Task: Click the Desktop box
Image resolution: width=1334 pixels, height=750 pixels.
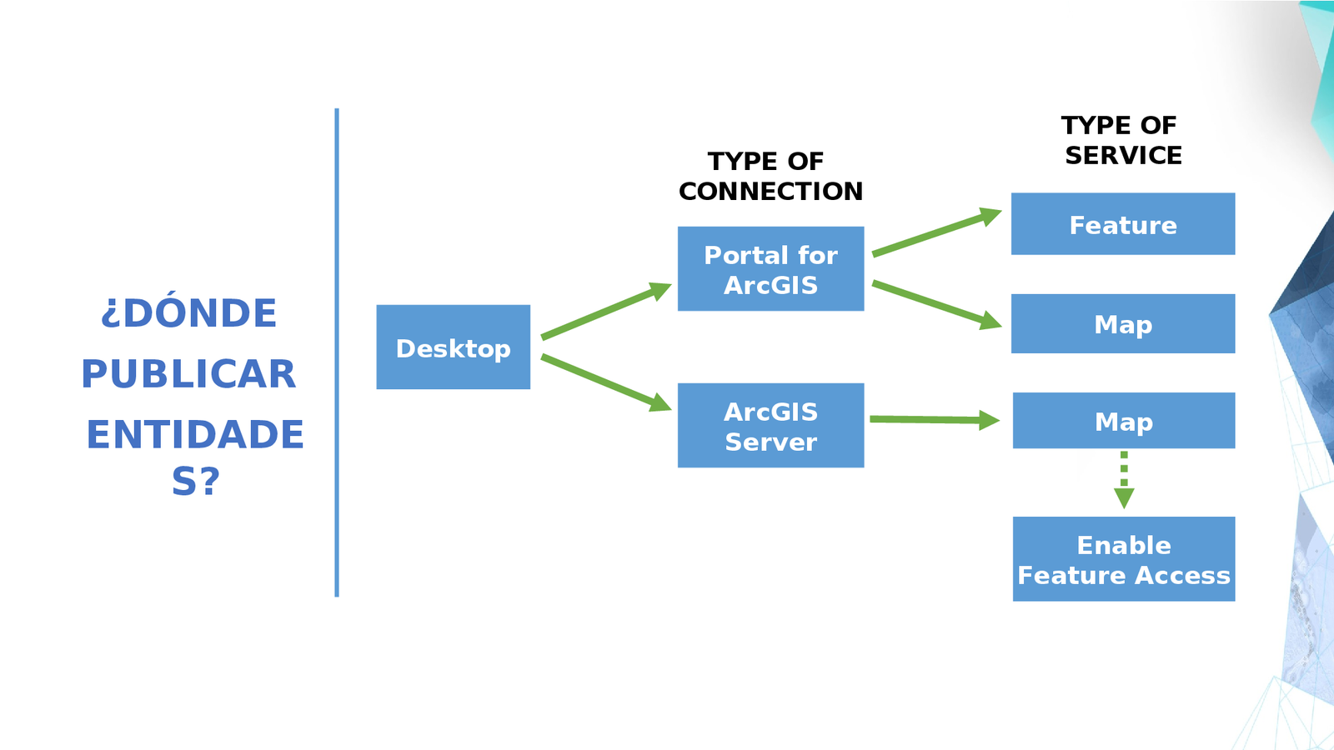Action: [453, 347]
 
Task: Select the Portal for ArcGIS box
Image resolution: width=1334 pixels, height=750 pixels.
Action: [770, 268]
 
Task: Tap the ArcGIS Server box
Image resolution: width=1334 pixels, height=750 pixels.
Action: [770, 425]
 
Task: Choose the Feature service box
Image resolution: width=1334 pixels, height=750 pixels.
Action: [1122, 224]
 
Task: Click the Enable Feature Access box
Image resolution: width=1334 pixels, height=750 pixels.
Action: [1123, 558]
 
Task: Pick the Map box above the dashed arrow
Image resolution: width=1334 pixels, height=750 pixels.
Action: [1123, 421]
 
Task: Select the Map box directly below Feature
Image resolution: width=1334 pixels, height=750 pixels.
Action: [1122, 323]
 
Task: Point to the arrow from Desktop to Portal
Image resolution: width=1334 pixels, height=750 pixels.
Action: [605, 311]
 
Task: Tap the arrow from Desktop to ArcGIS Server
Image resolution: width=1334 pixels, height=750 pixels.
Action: [605, 382]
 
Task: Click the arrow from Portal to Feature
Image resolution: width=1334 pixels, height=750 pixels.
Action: [935, 232]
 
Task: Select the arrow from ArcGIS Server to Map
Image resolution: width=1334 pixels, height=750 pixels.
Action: [934, 419]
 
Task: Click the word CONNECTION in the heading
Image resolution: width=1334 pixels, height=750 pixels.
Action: [770, 191]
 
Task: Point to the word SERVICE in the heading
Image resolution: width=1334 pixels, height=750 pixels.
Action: [1123, 155]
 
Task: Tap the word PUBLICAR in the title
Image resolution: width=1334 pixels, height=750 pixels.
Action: [188, 374]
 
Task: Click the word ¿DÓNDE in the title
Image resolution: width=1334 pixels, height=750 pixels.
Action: [188, 313]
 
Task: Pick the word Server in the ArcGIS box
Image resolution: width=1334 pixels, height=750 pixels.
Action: [770, 442]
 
